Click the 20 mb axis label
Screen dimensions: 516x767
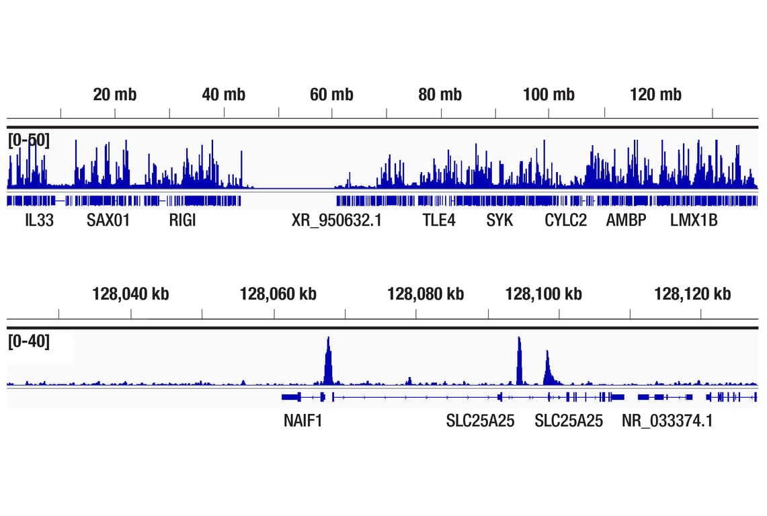point(114,95)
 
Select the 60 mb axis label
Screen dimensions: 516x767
point(331,95)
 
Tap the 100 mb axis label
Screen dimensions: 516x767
point(549,95)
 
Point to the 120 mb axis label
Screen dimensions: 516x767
point(655,95)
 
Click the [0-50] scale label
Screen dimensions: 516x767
point(29,140)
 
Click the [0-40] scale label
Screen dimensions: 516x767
point(29,341)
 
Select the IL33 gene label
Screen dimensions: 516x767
point(39,220)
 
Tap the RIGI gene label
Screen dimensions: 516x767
point(182,220)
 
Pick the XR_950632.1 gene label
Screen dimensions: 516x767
point(337,220)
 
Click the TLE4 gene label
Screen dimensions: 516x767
point(439,220)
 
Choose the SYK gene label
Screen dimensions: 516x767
point(499,220)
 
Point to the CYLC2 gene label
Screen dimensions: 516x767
point(565,220)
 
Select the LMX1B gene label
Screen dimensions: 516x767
point(693,220)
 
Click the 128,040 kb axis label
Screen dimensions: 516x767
point(130,294)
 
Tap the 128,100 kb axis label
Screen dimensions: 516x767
point(543,294)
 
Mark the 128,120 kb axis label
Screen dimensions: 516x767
point(692,294)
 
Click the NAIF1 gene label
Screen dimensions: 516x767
point(302,421)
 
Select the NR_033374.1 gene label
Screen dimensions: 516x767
point(667,421)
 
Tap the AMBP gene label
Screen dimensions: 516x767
point(626,220)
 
